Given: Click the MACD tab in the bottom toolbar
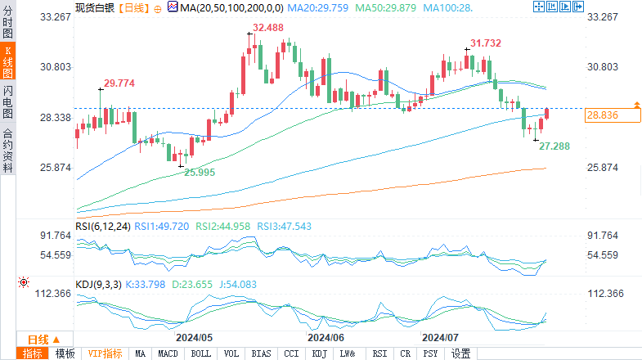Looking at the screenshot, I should tap(168, 353).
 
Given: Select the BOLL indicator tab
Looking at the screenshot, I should tap(200, 353).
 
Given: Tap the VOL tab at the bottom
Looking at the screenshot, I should tap(231, 353).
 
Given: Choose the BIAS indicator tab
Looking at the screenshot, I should tap(262, 353).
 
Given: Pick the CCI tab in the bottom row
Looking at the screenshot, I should tap(291, 353).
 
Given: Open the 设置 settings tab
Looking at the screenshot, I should tap(461, 353).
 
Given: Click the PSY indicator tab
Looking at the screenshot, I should tap(430, 353).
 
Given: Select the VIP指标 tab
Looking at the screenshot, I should tap(106, 353).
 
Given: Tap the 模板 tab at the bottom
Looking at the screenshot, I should tap(65, 353).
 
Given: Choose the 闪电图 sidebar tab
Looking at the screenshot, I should tap(8, 103).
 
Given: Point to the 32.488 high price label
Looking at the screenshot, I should tap(268, 28).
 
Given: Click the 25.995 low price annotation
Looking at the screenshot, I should tap(200, 172).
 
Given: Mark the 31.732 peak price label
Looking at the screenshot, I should tap(486, 43).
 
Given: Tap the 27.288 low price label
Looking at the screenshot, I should tap(554, 146).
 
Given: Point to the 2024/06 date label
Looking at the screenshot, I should tap(325, 336).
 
